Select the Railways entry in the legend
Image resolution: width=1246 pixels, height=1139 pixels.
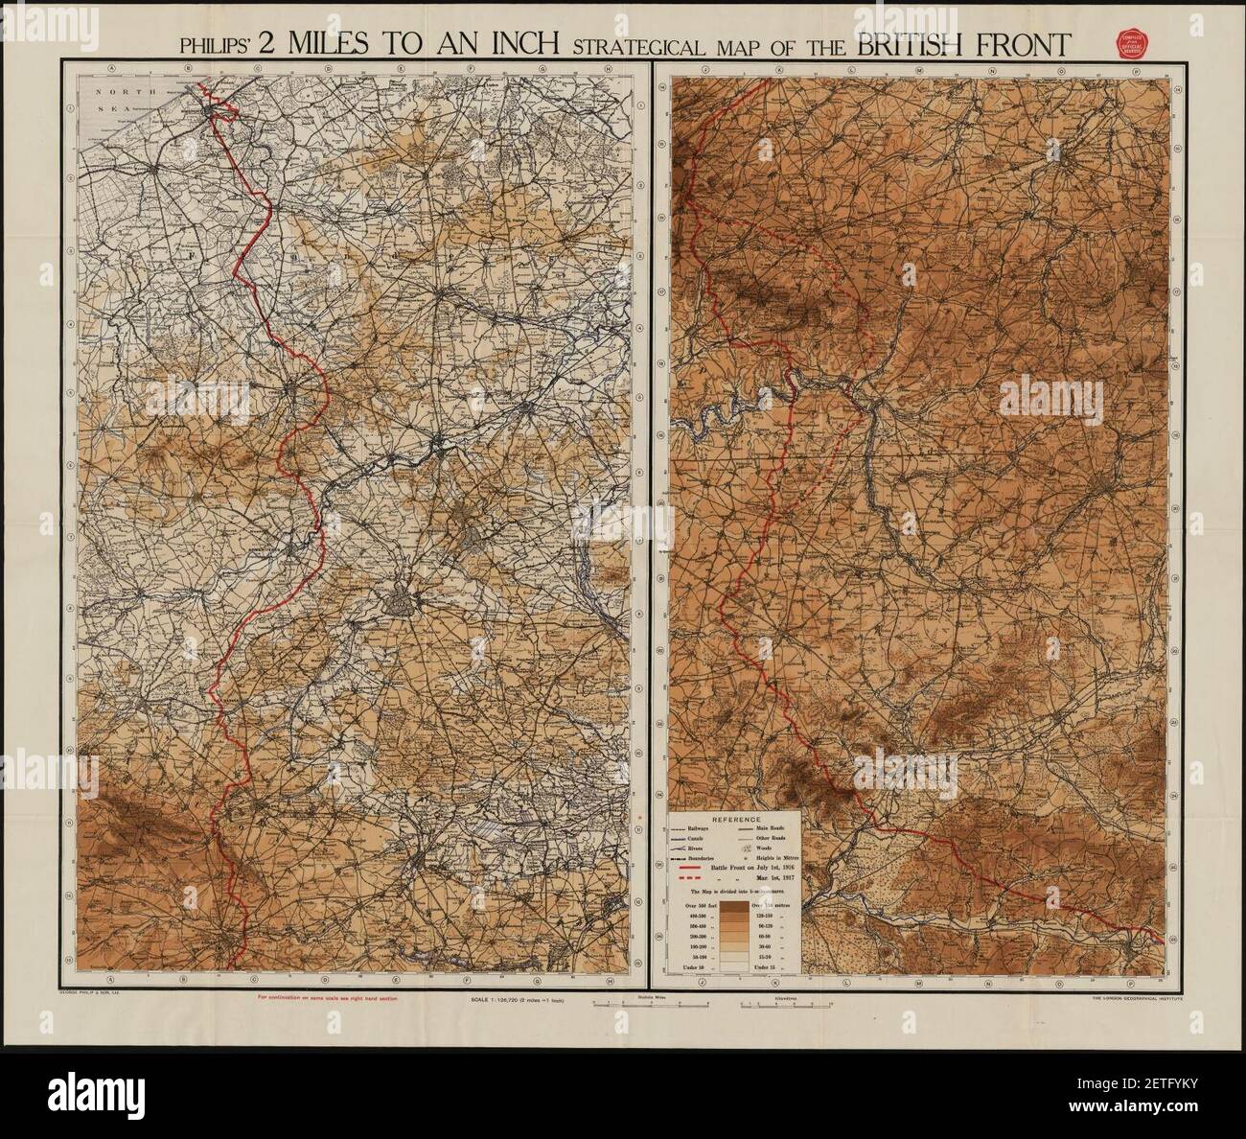tap(699, 829)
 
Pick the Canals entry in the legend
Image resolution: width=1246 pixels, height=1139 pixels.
tap(697, 840)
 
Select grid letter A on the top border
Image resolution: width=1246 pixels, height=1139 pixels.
tap(113, 69)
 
